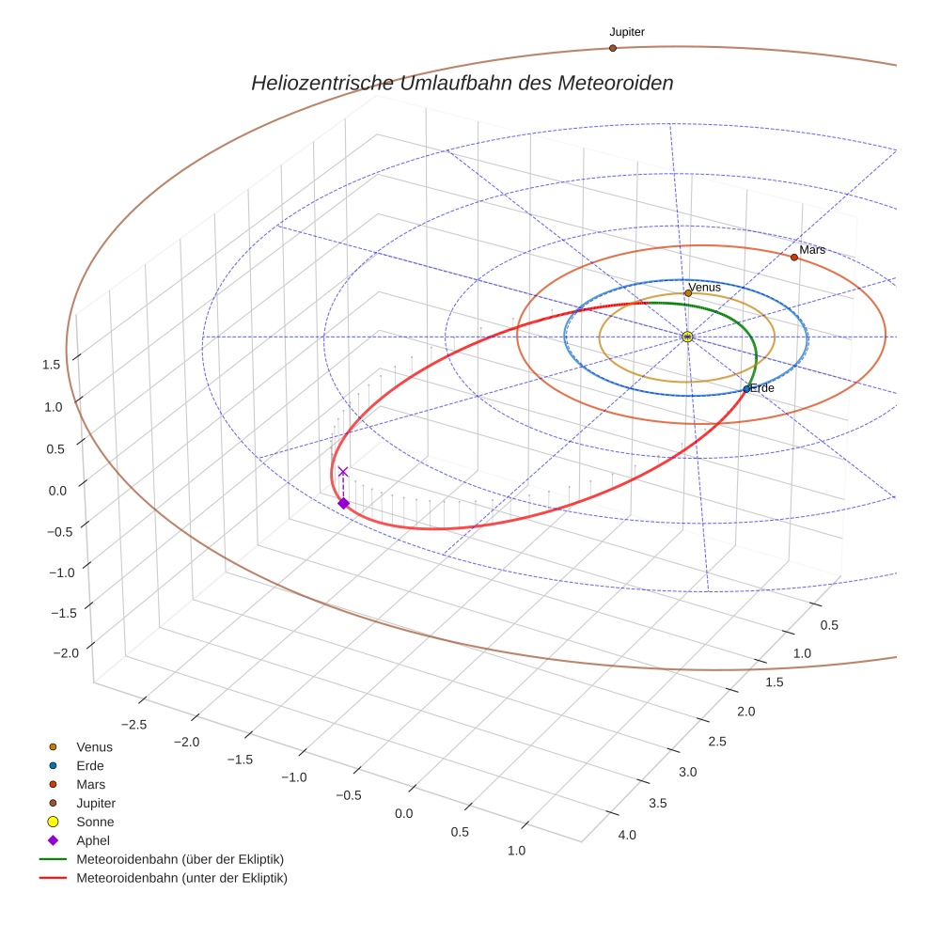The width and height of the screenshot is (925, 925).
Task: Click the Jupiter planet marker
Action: (613, 48)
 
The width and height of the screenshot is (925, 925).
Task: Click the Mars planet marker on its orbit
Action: (794, 257)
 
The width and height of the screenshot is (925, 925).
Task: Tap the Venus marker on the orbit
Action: (688, 293)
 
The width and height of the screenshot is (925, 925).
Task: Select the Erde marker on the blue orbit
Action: (746, 388)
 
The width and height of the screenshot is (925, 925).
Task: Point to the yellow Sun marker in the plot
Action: (687, 337)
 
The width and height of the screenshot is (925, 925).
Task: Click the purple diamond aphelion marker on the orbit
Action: (343, 504)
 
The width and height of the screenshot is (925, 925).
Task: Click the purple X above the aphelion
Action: (343, 471)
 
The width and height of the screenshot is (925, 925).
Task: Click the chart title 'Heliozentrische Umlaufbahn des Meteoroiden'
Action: (462, 83)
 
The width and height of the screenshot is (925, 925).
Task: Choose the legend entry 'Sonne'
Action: (95, 822)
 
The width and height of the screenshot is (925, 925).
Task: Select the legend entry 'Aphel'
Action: (93, 840)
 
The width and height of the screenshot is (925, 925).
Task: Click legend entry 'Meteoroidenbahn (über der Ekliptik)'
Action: (180, 859)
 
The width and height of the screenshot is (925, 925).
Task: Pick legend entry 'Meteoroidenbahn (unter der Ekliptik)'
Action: (181, 878)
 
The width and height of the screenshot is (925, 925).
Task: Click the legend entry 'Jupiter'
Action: (96, 803)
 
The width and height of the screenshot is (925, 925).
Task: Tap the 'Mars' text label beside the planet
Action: (812, 249)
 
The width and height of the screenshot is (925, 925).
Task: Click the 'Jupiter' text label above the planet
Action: (627, 32)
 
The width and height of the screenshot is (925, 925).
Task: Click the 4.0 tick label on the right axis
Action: (626, 835)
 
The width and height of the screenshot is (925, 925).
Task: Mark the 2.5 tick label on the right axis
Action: (716, 742)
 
